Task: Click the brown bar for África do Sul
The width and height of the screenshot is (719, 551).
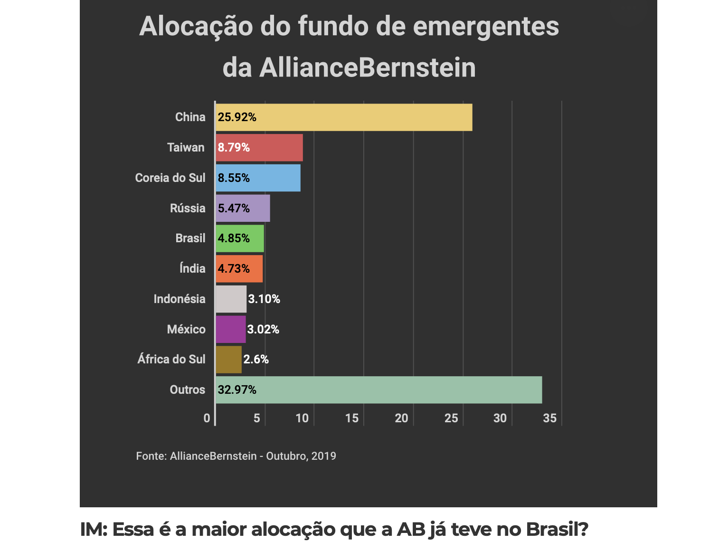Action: coord(228,360)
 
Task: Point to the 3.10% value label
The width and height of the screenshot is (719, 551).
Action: coord(264,299)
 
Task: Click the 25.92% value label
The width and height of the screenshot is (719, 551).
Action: coord(237,117)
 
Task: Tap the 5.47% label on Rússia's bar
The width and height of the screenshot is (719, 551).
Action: coord(234,209)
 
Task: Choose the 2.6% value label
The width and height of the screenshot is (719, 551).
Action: coord(256,360)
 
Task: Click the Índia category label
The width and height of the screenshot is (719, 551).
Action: coord(192,269)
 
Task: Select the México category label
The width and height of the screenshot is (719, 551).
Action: coord(186,329)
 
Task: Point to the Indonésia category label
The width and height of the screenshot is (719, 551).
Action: coord(180,299)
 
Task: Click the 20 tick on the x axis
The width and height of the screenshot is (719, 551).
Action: coord(401,418)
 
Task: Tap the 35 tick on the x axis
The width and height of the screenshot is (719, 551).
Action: coord(549,418)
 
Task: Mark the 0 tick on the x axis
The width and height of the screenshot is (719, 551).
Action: coord(207,418)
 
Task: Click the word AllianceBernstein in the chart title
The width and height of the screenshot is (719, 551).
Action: coord(368,68)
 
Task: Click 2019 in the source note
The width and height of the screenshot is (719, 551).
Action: coord(324,456)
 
